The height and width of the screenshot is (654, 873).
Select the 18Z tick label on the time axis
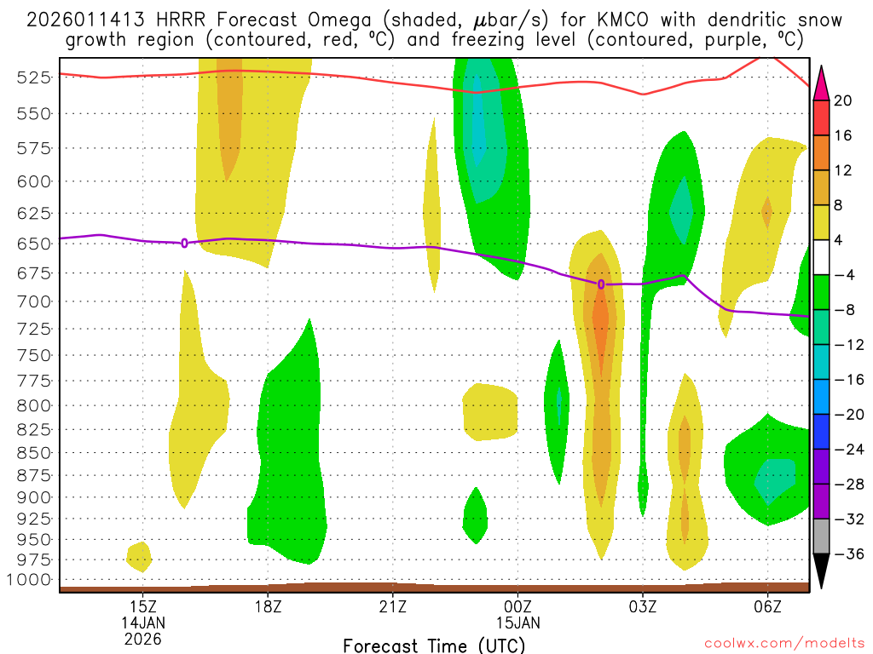268,606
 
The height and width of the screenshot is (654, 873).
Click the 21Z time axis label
392,606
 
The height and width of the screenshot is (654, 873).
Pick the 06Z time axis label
767,606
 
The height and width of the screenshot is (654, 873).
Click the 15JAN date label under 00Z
517,622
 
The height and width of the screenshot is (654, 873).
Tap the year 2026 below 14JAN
143,638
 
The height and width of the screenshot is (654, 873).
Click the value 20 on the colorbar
843,100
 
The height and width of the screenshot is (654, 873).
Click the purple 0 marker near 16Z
185,243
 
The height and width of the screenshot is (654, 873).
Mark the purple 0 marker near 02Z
601,284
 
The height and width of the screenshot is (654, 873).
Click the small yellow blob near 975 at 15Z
139,556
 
